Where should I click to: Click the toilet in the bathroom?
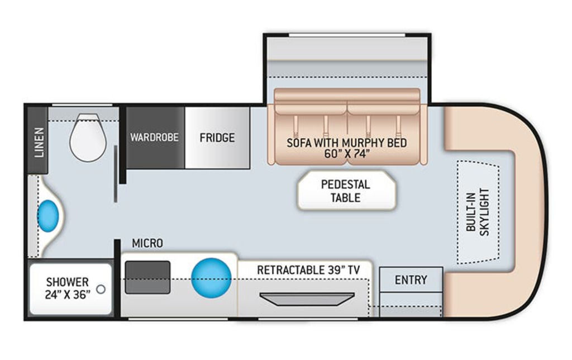point(88,137)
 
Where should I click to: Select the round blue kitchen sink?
point(212,278)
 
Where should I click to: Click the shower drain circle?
point(101,289)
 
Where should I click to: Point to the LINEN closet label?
point(39,143)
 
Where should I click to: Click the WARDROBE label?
point(155,138)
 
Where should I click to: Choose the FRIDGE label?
point(217,138)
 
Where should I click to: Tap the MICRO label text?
point(147,243)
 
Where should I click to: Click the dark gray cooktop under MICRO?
point(147,277)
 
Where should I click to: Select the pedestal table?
point(346,191)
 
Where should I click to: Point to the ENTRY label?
point(411,280)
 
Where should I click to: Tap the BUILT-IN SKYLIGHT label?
point(477,212)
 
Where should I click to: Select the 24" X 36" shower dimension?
point(68,294)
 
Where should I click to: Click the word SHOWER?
point(68,282)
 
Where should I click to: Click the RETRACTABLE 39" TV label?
point(308,270)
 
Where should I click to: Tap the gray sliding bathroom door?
point(116,174)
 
